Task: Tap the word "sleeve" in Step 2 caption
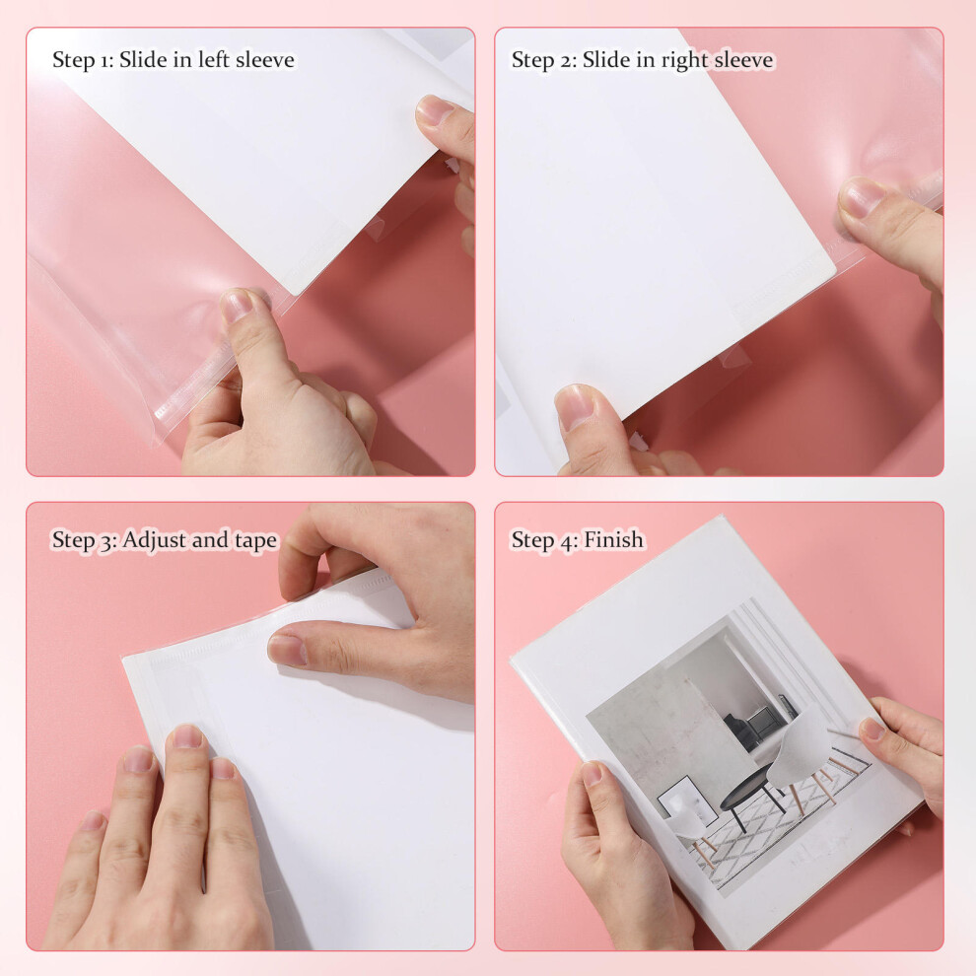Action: [x=743, y=60]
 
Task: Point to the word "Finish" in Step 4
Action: [x=613, y=539]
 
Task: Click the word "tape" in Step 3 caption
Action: [x=255, y=541]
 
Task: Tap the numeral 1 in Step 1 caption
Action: [x=103, y=60]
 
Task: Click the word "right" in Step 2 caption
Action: [x=684, y=60]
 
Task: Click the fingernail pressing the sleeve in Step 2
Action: [x=862, y=197]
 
